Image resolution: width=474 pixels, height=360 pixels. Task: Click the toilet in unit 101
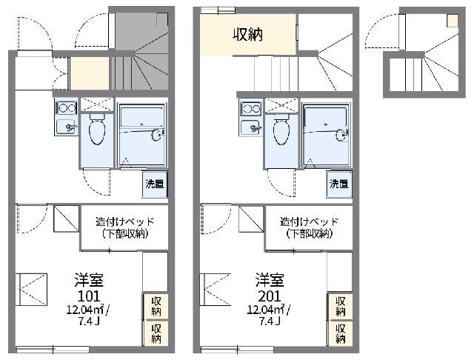(96, 131)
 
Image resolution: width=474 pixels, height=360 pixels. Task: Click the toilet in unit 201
(281, 131)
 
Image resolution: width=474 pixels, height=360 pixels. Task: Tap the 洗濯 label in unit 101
(155, 183)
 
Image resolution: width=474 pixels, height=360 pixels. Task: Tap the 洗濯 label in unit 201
(340, 183)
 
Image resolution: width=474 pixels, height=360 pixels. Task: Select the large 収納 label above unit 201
(248, 34)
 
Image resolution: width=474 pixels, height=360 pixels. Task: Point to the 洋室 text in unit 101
(87, 280)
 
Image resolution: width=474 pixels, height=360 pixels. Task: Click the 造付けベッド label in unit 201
(308, 221)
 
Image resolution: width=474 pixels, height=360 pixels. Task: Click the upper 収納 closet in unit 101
(156, 306)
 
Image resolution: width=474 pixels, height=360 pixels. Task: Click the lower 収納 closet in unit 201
(340, 333)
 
